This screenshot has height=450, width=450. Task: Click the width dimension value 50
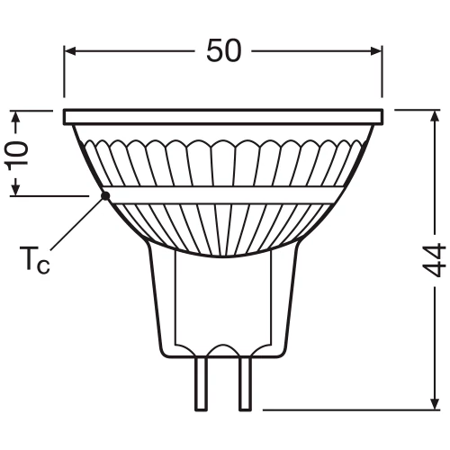[224, 51]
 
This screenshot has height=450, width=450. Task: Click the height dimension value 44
[435, 260]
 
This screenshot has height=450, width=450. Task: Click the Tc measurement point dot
[105, 193]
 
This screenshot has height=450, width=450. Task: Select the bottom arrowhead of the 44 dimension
[435, 405]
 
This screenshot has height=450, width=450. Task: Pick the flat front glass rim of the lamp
[225, 117]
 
